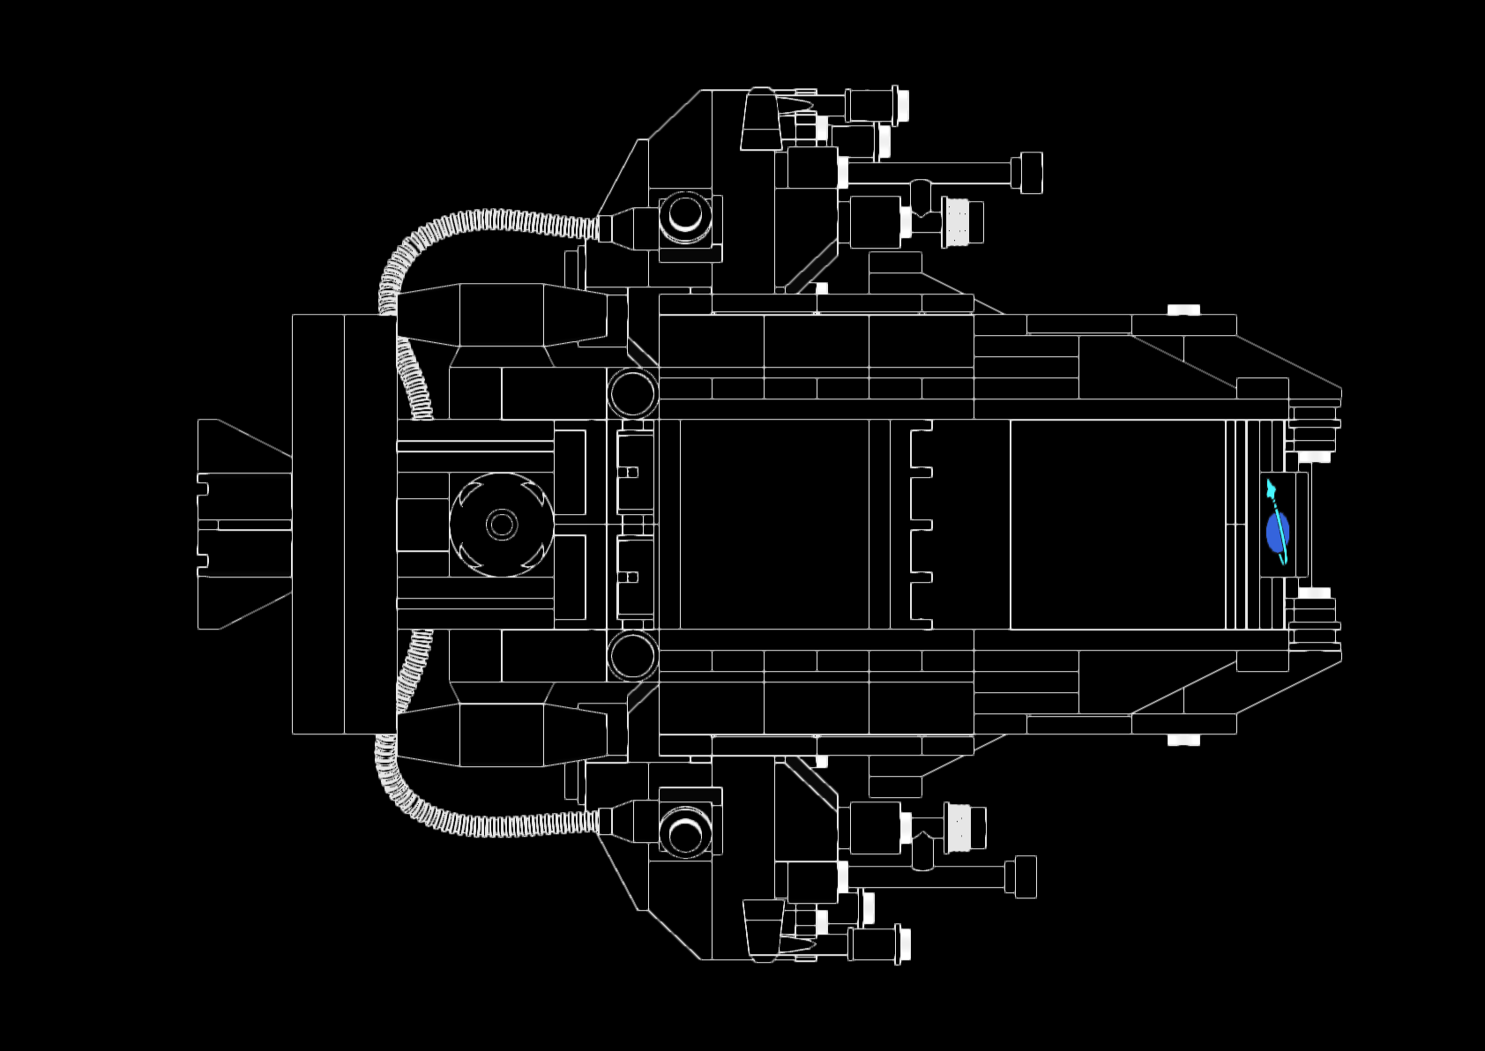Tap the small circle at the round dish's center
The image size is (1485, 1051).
tap(502, 525)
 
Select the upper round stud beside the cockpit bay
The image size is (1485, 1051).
tap(632, 392)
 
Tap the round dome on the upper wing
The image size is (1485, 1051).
tap(685, 215)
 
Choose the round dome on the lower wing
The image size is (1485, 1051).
tap(685, 833)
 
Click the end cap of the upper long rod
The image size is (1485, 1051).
tap(1026, 172)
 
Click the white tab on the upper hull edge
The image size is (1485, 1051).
tap(1183, 309)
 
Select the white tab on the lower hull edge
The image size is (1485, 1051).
tap(1183, 739)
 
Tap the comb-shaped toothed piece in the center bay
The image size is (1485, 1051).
tap(921, 525)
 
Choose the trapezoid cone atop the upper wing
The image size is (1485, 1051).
tap(760, 120)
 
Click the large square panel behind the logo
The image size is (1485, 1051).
tap(1117, 525)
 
